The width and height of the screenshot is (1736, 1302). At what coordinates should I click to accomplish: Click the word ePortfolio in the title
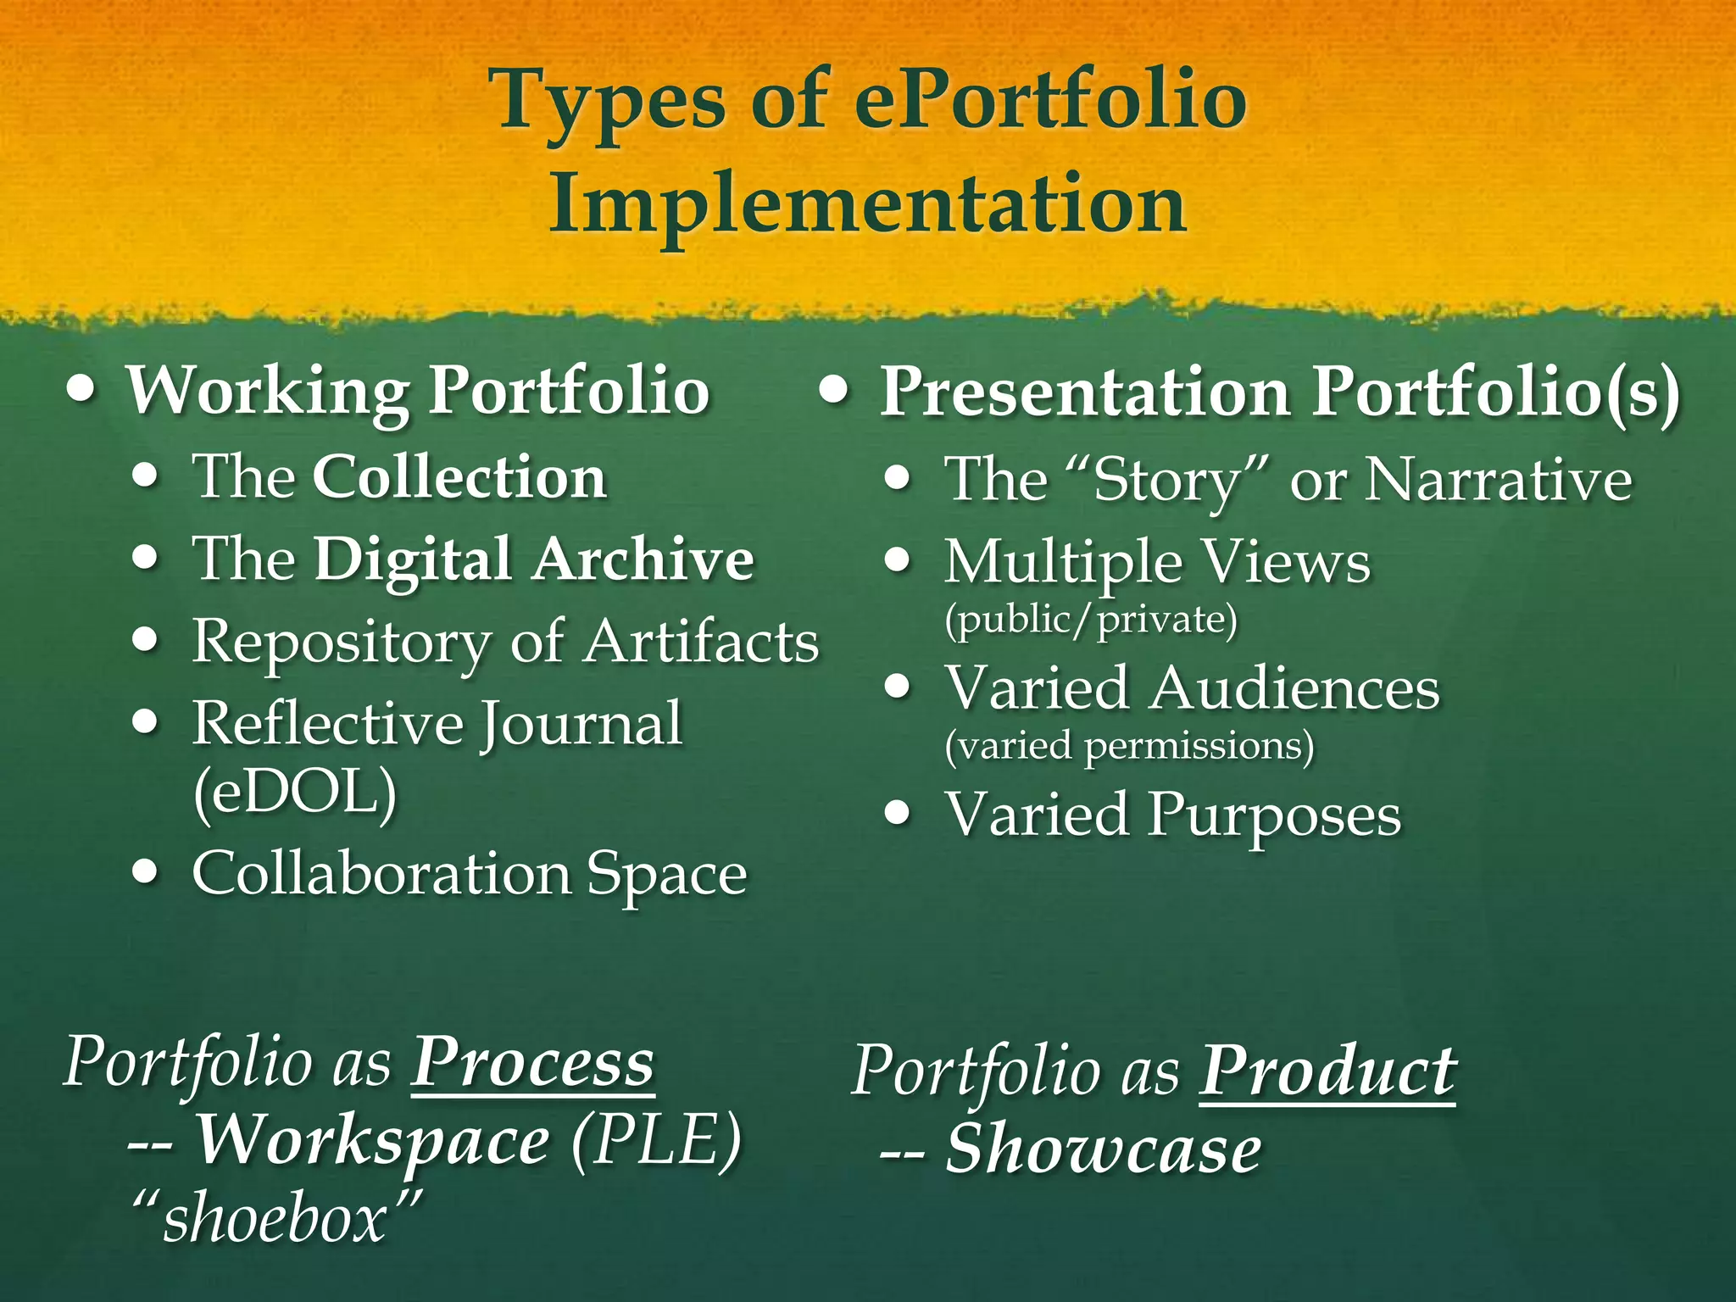pyautogui.click(x=1049, y=102)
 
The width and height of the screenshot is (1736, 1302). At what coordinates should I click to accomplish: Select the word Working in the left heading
pyautogui.click(x=268, y=392)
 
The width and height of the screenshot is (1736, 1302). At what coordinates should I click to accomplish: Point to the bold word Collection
pyautogui.click(x=459, y=477)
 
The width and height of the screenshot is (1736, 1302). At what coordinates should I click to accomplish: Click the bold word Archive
pyautogui.click(x=643, y=559)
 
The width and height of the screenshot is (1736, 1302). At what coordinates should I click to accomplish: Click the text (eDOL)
pyautogui.click(x=295, y=792)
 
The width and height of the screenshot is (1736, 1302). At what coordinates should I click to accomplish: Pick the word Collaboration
pyautogui.click(x=381, y=874)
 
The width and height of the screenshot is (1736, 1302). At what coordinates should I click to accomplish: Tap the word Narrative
pyautogui.click(x=1499, y=481)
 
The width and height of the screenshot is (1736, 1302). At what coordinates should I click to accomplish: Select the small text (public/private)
pyautogui.click(x=1091, y=620)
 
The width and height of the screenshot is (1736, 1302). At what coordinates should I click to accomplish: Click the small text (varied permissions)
pyautogui.click(x=1129, y=746)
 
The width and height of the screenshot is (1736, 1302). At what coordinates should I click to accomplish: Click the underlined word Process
pyautogui.click(x=532, y=1063)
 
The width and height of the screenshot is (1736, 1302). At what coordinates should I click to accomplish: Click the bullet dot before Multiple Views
pyautogui.click(x=897, y=562)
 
